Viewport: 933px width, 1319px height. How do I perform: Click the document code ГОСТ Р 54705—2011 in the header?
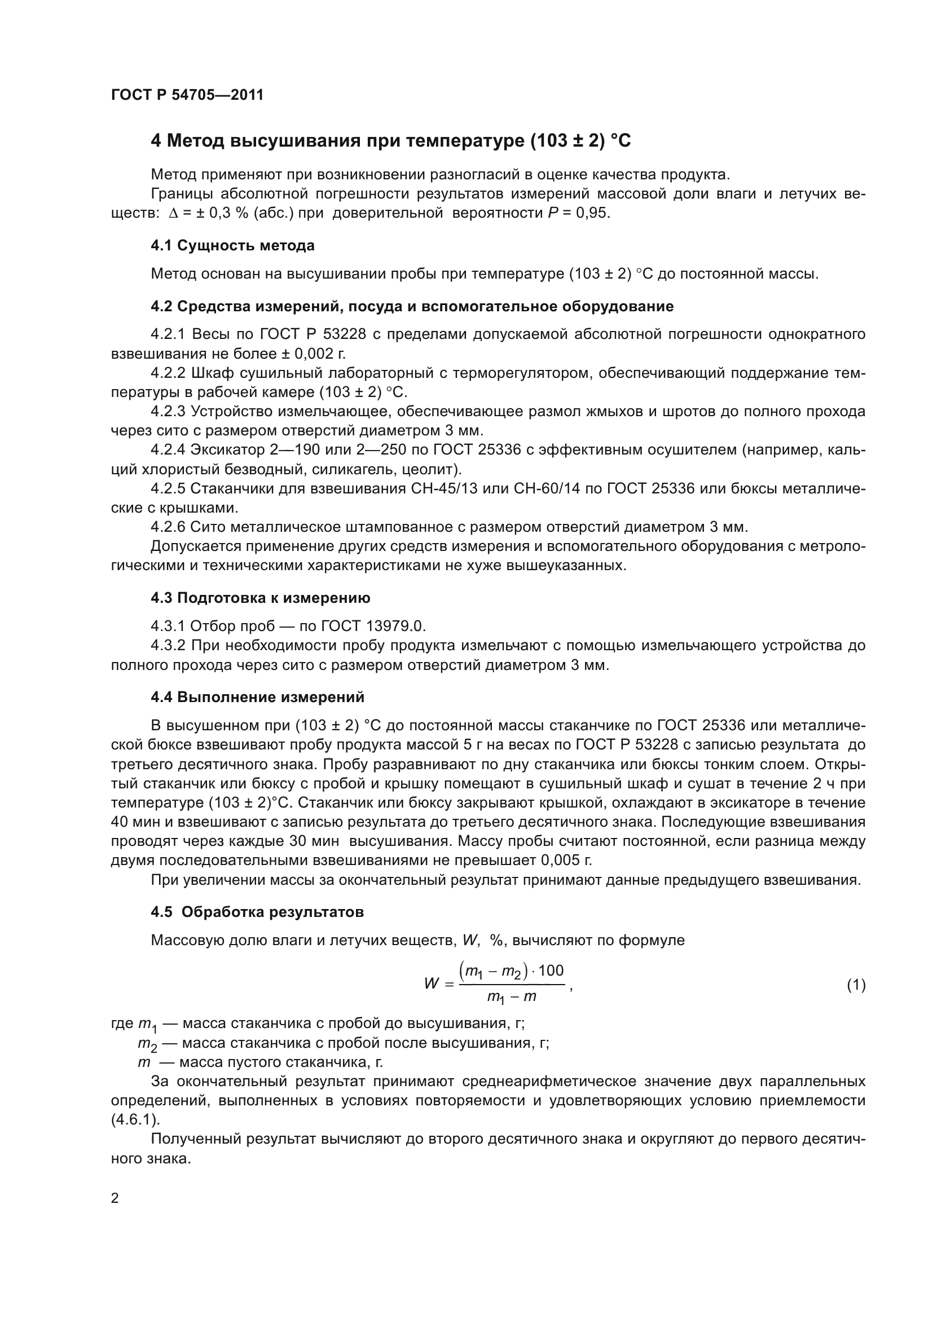[187, 95]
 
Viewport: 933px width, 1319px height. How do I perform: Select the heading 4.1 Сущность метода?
[232, 246]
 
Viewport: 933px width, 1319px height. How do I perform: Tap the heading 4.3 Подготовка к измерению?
[260, 598]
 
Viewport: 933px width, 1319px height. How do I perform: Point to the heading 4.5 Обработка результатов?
[257, 912]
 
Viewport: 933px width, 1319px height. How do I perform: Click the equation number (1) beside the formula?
[856, 985]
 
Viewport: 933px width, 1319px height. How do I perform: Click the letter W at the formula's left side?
[432, 983]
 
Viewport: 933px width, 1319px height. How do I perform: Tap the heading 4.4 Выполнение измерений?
[257, 698]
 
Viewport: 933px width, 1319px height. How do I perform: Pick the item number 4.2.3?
[168, 411]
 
